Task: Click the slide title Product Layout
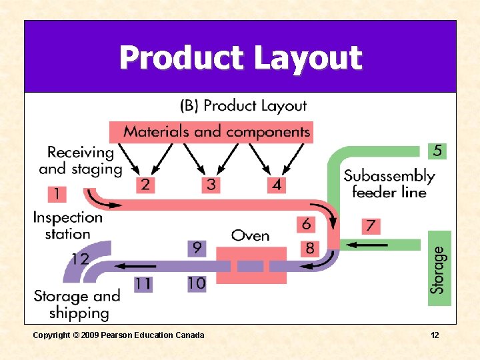[x=240, y=58]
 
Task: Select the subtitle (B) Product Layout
[x=244, y=105]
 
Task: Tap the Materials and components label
[x=217, y=131]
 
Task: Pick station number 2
[x=145, y=184]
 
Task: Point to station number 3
[x=211, y=184]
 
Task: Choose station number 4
[x=276, y=184]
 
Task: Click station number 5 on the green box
[x=437, y=151]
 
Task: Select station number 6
[x=306, y=224]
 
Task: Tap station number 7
[x=371, y=226]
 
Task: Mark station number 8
[x=309, y=249]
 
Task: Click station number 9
[x=197, y=248]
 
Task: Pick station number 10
[x=197, y=283]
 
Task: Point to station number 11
[x=143, y=283]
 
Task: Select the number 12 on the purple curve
[x=79, y=259]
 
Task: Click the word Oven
[x=251, y=235]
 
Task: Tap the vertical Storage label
[x=437, y=270]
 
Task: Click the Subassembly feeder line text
[x=389, y=184]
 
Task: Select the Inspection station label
[x=67, y=225]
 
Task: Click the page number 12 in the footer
[x=434, y=335]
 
